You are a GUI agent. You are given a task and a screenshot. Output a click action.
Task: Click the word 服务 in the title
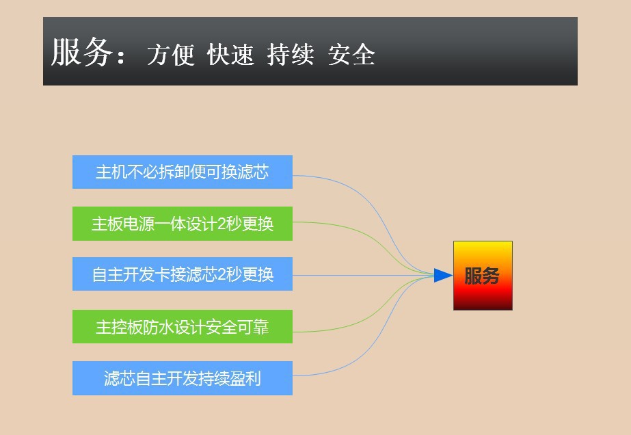coord(80,53)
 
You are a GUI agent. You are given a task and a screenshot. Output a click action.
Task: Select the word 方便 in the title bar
coord(171,55)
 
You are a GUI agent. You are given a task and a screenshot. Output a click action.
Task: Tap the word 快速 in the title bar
coord(230,55)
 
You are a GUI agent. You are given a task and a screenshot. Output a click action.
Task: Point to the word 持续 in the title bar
coord(291,55)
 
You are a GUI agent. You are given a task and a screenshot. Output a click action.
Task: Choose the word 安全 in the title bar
coord(351,55)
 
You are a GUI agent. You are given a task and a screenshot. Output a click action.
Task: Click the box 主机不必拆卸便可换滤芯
coord(183,172)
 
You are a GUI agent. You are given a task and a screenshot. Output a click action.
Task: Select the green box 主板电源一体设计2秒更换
coord(183,224)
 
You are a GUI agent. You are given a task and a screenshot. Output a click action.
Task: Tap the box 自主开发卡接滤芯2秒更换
coord(183,274)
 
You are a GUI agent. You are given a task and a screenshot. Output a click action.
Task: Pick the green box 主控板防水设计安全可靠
coord(183,327)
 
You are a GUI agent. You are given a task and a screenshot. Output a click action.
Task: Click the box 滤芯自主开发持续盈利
coord(183,378)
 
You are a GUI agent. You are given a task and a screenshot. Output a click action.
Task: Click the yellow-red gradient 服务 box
coord(483,276)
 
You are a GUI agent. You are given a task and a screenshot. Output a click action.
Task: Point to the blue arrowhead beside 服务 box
coord(443,276)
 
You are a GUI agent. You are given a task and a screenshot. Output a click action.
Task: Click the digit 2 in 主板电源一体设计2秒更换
coord(221,224)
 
